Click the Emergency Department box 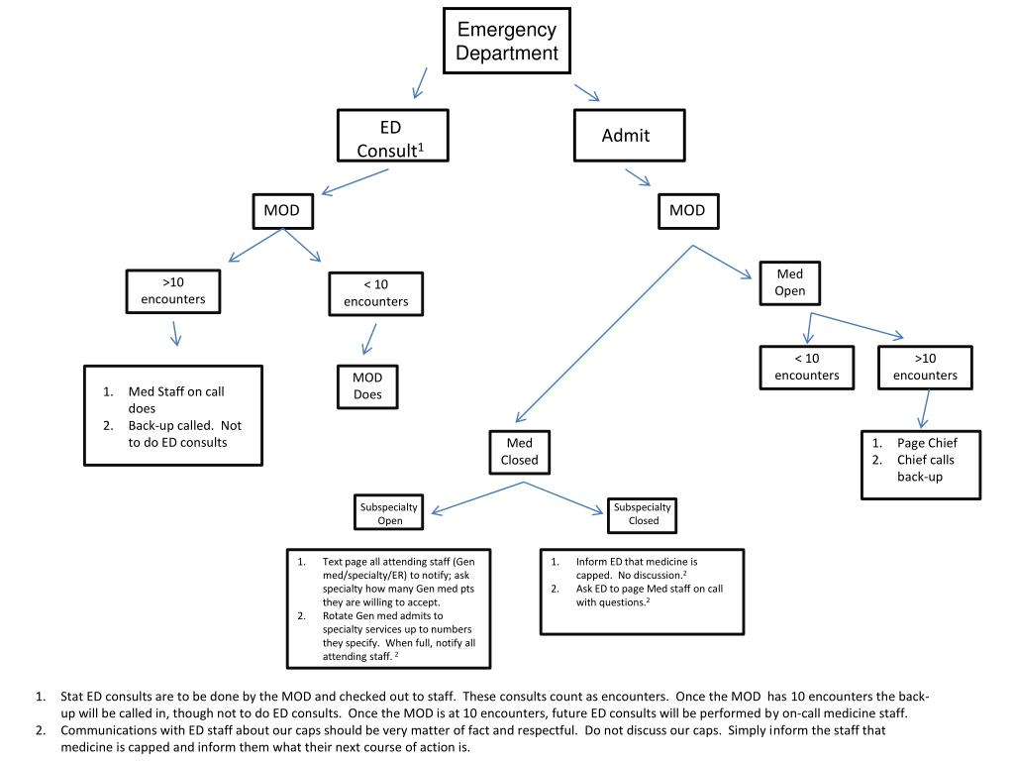[x=507, y=42]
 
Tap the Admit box [x=629, y=136]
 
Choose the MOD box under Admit [x=687, y=210]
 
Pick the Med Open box [x=790, y=282]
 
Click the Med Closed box [x=520, y=452]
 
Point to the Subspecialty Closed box [x=643, y=513]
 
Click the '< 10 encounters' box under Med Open [x=806, y=367]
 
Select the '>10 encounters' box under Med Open [x=925, y=367]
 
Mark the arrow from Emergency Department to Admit [x=587, y=92]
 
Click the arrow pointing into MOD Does [x=369, y=339]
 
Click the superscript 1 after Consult [x=420, y=147]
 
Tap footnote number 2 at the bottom [x=42, y=730]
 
